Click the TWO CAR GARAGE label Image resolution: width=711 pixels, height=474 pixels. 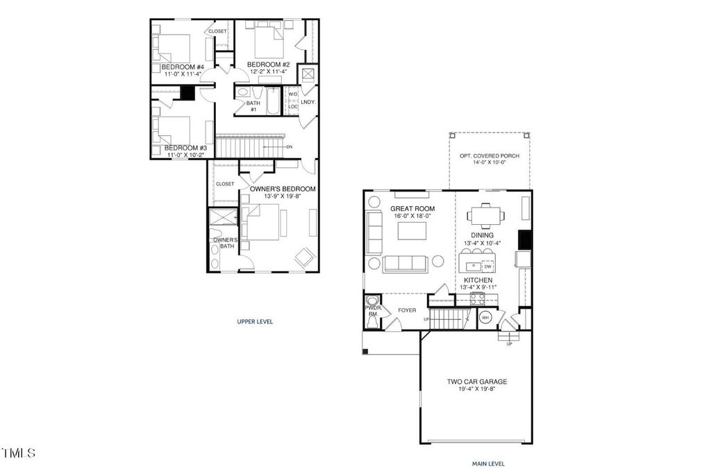(x=476, y=381)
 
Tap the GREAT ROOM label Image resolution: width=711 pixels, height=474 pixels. (x=412, y=208)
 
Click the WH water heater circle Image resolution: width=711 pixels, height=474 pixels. (x=485, y=317)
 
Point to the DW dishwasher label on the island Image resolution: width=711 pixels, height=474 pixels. (x=487, y=266)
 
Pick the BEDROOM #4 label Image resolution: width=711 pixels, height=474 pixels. (x=183, y=67)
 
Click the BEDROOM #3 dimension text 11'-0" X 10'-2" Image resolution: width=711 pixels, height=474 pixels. (x=185, y=155)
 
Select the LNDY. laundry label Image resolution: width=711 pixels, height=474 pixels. (x=308, y=102)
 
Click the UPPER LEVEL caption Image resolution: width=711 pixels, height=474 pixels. (x=255, y=321)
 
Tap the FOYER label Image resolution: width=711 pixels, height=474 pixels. (x=408, y=310)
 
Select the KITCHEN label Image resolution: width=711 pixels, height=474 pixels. (x=478, y=280)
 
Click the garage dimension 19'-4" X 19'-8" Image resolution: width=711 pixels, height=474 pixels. (x=476, y=389)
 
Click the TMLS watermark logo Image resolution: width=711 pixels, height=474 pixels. (x=19, y=454)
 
